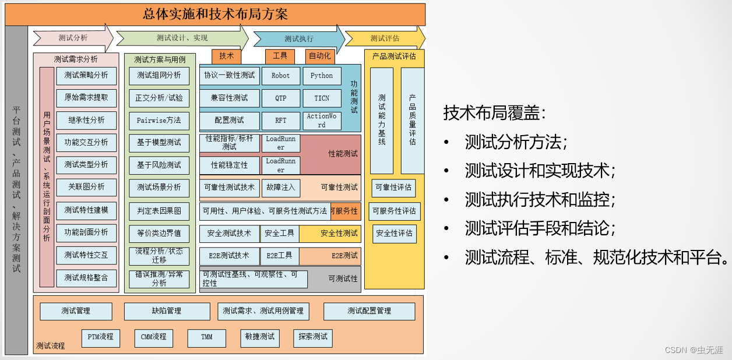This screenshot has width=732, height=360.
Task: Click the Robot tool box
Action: (x=280, y=76)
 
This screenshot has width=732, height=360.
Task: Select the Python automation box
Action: (x=321, y=76)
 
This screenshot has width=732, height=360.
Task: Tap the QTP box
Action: (x=280, y=98)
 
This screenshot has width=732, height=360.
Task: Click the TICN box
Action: (x=321, y=98)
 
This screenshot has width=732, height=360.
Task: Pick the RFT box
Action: (x=280, y=121)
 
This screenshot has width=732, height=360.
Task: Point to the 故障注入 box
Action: (x=280, y=188)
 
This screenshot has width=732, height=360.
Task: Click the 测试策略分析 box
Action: (x=86, y=76)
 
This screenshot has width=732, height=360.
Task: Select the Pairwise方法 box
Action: (x=159, y=121)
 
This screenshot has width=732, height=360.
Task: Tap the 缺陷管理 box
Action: (x=167, y=311)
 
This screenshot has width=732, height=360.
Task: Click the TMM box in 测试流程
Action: (x=206, y=337)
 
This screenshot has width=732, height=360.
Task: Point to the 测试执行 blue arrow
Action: (x=298, y=39)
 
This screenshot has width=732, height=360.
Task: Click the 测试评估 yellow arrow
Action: (x=385, y=38)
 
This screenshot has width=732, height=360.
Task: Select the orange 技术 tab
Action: (x=226, y=56)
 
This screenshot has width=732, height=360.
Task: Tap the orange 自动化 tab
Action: (x=320, y=56)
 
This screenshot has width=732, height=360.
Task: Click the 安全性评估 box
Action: (x=395, y=234)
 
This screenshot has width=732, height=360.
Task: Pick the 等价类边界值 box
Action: (x=159, y=233)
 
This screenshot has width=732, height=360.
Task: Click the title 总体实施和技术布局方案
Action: (x=215, y=14)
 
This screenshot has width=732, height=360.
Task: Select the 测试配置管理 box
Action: (x=369, y=311)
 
